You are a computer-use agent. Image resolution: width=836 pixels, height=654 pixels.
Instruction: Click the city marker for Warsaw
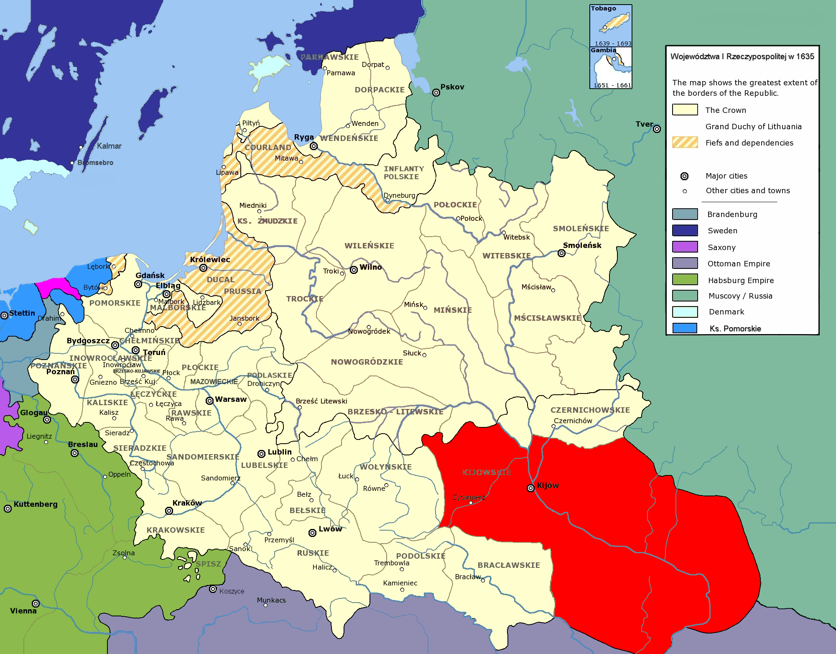click(x=209, y=401)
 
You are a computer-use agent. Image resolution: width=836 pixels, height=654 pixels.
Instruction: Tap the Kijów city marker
click(x=530, y=488)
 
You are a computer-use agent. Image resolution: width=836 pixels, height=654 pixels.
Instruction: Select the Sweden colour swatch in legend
click(x=685, y=230)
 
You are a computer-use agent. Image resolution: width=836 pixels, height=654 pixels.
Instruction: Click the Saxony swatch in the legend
click(x=685, y=247)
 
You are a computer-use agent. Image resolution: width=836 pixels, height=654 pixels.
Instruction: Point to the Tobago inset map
click(x=610, y=25)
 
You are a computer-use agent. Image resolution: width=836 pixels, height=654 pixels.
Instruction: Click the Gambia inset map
click(x=610, y=68)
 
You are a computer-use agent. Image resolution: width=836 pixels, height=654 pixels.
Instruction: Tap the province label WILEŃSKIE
click(x=369, y=245)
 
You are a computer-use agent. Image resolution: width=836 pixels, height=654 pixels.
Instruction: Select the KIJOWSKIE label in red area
click(x=487, y=472)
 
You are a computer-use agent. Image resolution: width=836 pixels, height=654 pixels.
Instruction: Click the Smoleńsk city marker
click(x=561, y=253)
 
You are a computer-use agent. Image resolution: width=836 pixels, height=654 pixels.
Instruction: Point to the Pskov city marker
click(x=436, y=92)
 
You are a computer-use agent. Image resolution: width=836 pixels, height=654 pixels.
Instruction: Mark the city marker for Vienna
click(x=36, y=603)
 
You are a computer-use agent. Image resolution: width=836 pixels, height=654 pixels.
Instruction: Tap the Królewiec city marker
click(x=203, y=268)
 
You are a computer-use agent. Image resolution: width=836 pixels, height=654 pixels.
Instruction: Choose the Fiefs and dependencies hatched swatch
click(x=685, y=142)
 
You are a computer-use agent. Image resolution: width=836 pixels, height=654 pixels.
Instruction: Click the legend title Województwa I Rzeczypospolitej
click(x=742, y=56)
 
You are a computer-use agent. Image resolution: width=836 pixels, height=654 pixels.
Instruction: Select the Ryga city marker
click(x=313, y=146)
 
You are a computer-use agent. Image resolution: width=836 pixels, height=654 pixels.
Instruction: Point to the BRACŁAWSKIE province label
click(x=509, y=565)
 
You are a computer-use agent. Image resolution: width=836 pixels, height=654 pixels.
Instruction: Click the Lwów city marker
click(x=312, y=533)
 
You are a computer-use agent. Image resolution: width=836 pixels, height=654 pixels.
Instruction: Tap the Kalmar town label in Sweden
click(x=109, y=146)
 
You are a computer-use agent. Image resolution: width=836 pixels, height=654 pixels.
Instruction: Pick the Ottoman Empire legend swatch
click(x=685, y=263)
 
